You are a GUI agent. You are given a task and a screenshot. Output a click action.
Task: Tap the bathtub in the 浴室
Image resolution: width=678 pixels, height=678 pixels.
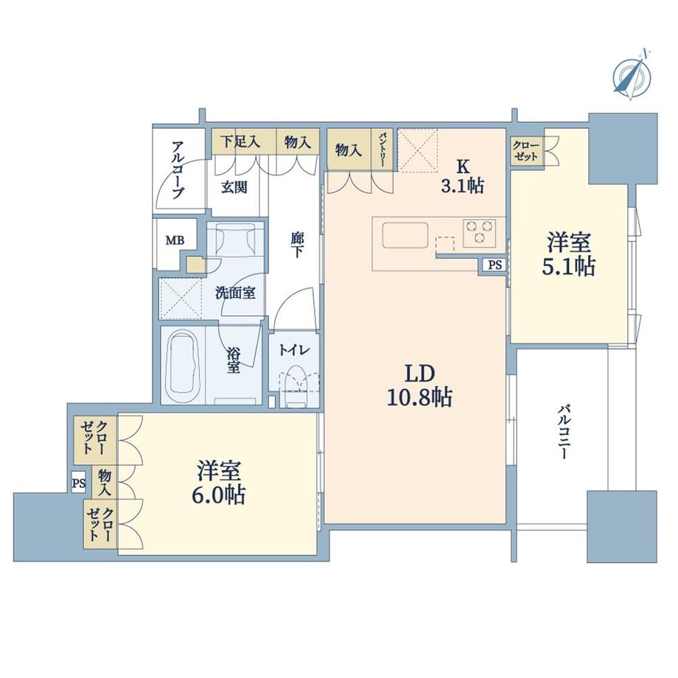click(182, 366)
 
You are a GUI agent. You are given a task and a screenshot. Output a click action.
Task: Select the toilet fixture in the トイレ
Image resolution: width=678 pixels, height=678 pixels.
click(296, 386)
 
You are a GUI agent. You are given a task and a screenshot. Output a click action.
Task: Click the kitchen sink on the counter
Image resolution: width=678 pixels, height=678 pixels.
click(405, 235)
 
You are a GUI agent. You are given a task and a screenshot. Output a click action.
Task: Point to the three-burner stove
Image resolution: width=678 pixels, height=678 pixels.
click(479, 231)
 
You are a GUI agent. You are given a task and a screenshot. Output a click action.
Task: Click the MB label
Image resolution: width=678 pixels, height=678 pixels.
click(175, 240)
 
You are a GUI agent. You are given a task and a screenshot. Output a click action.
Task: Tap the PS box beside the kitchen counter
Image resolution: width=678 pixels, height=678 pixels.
click(494, 265)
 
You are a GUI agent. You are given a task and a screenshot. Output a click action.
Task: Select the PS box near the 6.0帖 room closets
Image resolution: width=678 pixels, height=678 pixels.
click(79, 483)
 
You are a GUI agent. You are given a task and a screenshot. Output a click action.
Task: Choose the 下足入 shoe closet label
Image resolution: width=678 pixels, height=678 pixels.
click(240, 141)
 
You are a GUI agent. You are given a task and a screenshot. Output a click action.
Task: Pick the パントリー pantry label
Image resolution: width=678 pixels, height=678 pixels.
click(382, 150)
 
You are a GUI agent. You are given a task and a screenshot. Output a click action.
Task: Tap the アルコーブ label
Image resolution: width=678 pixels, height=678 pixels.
click(178, 169)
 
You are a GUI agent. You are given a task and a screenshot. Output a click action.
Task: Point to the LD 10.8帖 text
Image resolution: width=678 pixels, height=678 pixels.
click(419, 386)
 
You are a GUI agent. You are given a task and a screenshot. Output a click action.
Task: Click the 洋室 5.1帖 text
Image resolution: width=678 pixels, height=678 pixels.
click(569, 254)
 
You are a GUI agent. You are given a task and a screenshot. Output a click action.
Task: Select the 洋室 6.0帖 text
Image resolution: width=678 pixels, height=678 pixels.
click(219, 483)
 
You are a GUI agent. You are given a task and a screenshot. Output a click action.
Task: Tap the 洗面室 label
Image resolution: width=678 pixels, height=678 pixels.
click(235, 293)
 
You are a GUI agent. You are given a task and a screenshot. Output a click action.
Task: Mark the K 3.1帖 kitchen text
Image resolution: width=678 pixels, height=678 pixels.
click(462, 176)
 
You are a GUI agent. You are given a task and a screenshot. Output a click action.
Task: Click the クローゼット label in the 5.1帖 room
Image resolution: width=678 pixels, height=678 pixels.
click(525, 150)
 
